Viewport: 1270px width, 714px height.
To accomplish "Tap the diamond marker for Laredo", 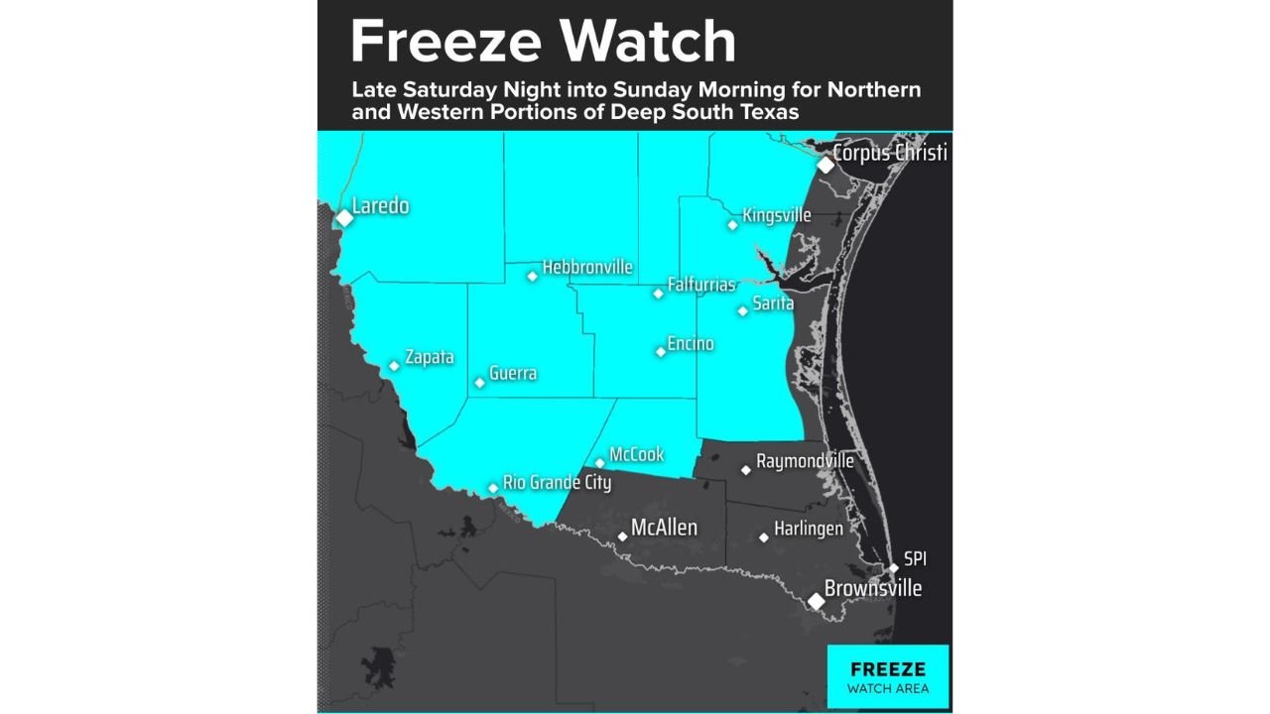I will tap(344, 217).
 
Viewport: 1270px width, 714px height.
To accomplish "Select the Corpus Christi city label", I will tap(890, 153).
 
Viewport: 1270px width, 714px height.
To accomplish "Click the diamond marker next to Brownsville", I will tap(816, 601).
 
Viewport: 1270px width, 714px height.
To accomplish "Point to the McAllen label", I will tap(664, 528).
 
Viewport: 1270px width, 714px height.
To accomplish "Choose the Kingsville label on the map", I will tap(777, 215).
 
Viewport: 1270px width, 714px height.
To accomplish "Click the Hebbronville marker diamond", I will tap(533, 276).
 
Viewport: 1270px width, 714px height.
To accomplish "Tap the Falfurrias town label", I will tap(701, 285).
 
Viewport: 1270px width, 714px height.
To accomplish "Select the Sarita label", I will tap(773, 303).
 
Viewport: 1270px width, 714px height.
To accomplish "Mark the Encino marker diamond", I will tap(661, 351).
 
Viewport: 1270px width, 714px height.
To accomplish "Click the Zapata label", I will tap(429, 358).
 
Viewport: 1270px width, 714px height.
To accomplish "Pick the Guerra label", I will tap(513, 374).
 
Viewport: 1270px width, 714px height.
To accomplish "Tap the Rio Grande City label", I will tap(557, 483).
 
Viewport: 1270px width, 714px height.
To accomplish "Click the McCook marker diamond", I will tap(600, 462).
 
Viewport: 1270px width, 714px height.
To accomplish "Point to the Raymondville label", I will tap(805, 461).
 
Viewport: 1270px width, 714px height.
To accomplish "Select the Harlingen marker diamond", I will tap(764, 537).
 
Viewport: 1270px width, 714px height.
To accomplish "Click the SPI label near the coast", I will tap(915, 559).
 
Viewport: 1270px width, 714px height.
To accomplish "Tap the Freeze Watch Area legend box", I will tap(887, 676).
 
